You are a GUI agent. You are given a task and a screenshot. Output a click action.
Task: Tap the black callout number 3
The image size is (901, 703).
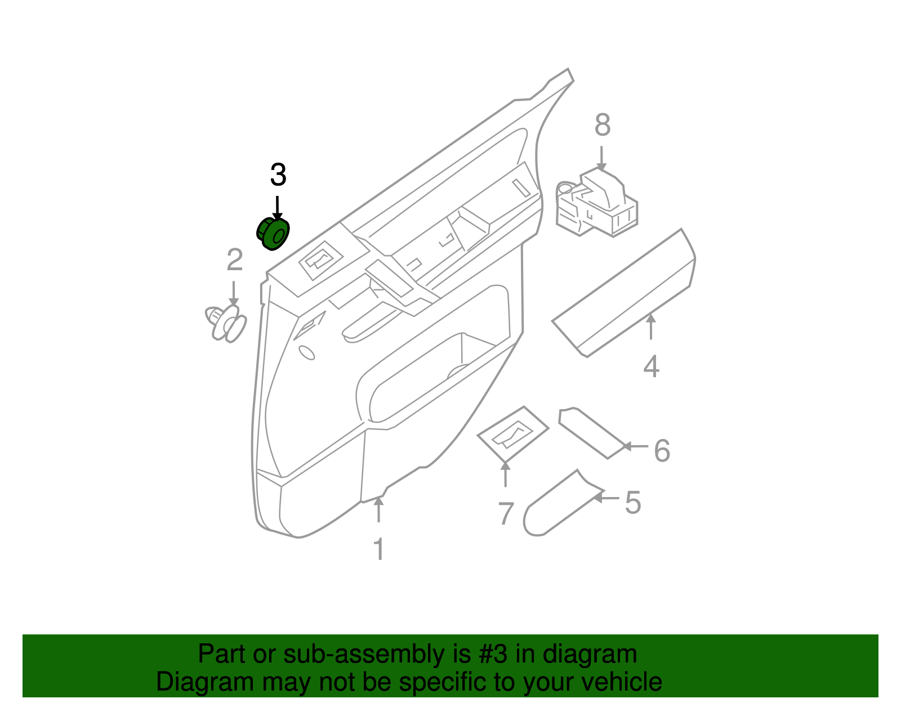(278, 175)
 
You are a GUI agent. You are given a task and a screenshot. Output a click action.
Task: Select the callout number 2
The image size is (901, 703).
(234, 260)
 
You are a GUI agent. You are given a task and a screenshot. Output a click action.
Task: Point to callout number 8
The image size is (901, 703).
(602, 125)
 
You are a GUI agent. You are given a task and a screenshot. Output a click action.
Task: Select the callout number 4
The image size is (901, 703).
(651, 366)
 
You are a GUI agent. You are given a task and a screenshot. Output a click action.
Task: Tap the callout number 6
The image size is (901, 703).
(662, 451)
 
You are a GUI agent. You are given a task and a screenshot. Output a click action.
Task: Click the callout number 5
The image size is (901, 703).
(633, 503)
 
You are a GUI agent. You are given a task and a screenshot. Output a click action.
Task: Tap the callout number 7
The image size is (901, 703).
(506, 514)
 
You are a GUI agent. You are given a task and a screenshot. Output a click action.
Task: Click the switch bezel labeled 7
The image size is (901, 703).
(512, 434)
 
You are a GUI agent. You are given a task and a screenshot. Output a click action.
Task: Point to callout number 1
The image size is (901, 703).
(379, 549)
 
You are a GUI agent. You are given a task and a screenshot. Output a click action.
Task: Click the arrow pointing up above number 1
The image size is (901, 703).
(379, 509)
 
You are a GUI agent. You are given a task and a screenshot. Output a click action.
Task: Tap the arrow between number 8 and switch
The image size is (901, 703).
(601, 158)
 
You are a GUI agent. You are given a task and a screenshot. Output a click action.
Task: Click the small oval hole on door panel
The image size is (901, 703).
(307, 352)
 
